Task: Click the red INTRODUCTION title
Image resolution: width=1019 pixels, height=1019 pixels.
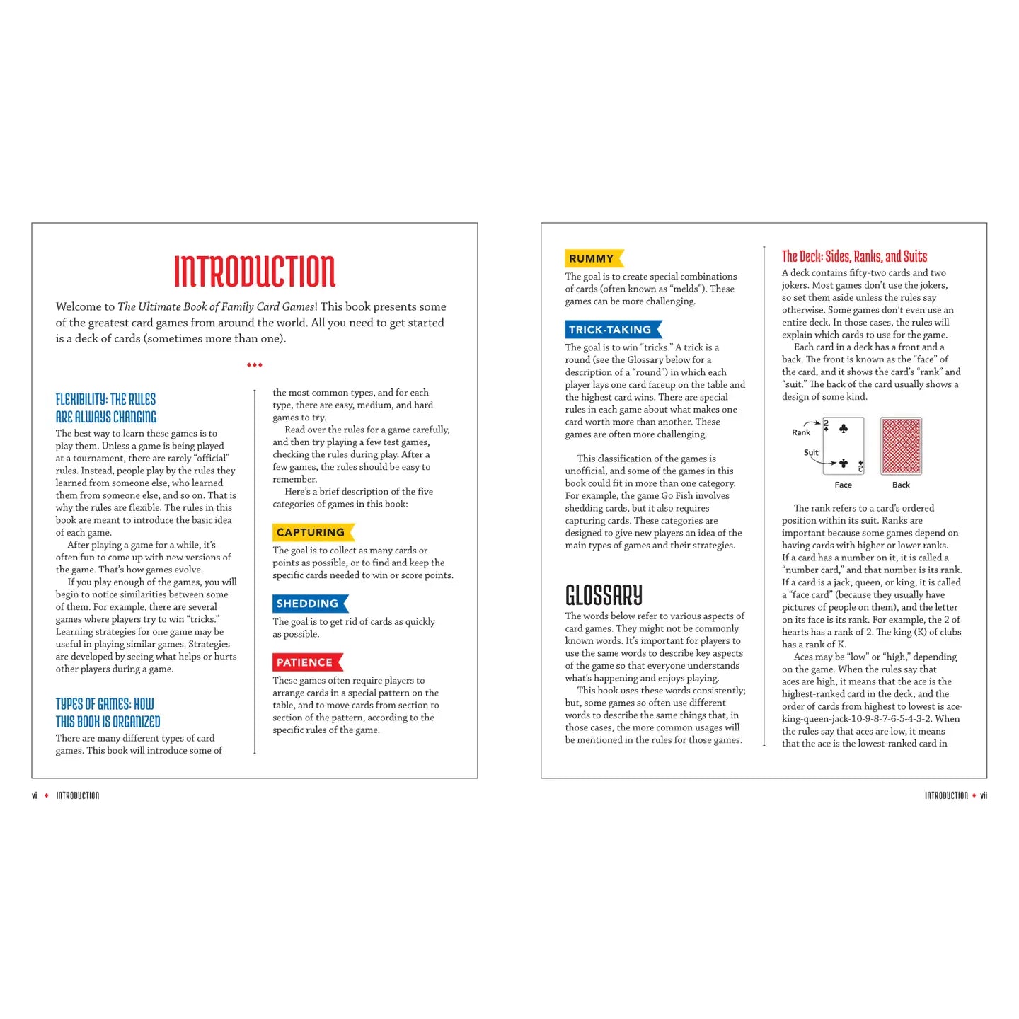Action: tap(255, 271)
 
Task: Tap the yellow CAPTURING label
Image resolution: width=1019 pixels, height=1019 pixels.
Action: tap(311, 532)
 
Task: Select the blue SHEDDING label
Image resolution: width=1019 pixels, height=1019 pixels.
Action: tap(308, 604)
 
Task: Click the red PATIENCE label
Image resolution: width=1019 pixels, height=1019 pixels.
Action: tap(305, 662)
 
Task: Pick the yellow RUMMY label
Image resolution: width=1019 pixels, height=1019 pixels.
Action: tap(592, 258)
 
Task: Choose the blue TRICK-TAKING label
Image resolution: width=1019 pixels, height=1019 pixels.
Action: tap(610, 329)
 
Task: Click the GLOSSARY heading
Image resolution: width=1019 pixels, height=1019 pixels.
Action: tap(604, 595)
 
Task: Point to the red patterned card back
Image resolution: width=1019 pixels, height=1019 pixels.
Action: tap(901, 446)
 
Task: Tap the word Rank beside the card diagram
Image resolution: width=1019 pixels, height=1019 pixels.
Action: tap(801, 432)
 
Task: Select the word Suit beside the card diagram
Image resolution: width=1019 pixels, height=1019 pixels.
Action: tap(811, 453)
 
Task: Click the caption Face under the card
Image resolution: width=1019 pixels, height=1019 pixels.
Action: tap(843, 485)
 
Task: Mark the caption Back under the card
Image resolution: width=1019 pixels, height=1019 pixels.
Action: tap(901, 485)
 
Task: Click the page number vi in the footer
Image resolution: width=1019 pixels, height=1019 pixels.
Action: tap(35, 795)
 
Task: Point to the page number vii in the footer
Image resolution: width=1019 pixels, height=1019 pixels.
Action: tap(984, 795)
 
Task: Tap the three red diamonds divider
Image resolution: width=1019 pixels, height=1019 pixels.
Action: tap(255, 365)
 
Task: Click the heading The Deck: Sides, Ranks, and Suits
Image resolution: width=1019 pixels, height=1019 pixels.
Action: tap(854, 256)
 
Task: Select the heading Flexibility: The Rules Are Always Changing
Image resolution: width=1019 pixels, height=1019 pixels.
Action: tap(106, 408)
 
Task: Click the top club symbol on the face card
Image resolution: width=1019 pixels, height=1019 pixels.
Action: tap(844, 428)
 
